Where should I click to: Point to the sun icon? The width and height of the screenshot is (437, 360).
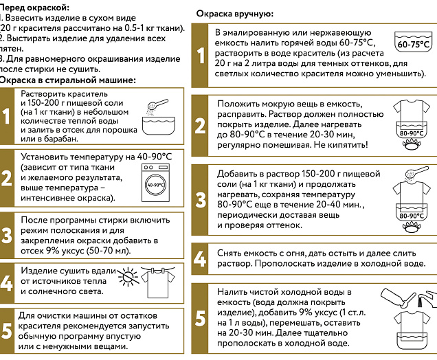pos(128,278)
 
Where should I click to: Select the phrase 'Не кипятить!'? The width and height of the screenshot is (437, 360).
pos(339,146)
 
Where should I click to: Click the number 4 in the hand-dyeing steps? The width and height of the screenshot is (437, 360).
pos(199,259)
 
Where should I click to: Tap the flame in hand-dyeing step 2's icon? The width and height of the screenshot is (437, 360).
pos(412,146)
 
